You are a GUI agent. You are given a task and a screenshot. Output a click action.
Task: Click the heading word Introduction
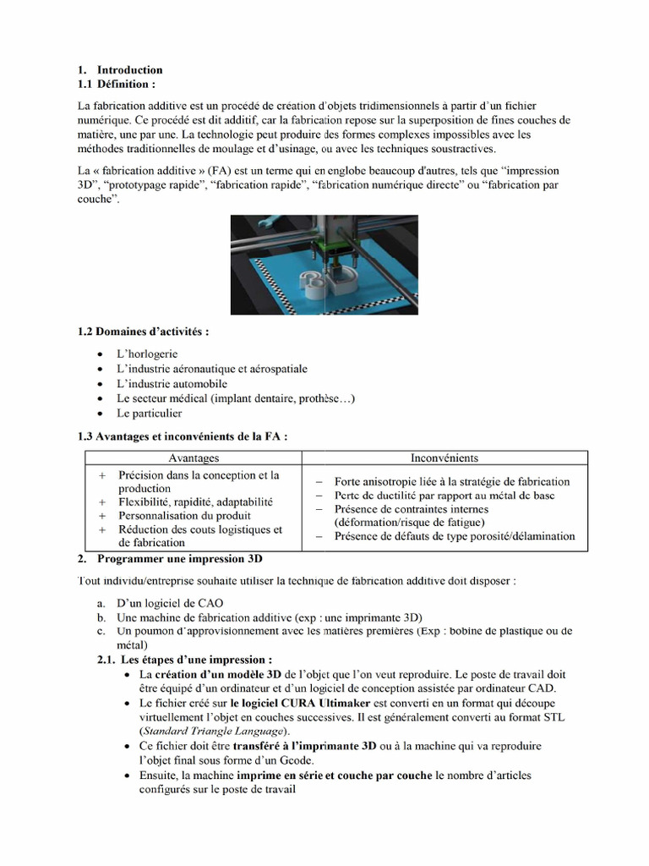pyautogui.click(x=129, y=70)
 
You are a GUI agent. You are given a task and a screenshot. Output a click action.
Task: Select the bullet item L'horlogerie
pyautogui.click(x=147, y=354)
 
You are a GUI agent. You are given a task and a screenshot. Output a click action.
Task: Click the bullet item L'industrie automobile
pyautogui.click(x=172, y=384)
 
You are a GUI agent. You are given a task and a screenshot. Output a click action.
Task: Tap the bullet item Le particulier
pyautogui.click(x=150, y=414)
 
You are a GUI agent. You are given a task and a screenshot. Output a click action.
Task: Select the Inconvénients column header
pyautogui.click(x=444, y=458)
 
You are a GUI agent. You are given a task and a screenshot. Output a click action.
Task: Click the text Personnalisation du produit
pyautogui.click(x=184, y=516)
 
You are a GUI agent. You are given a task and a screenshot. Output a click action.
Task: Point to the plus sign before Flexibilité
pyautogui.click(x=102, y=502)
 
